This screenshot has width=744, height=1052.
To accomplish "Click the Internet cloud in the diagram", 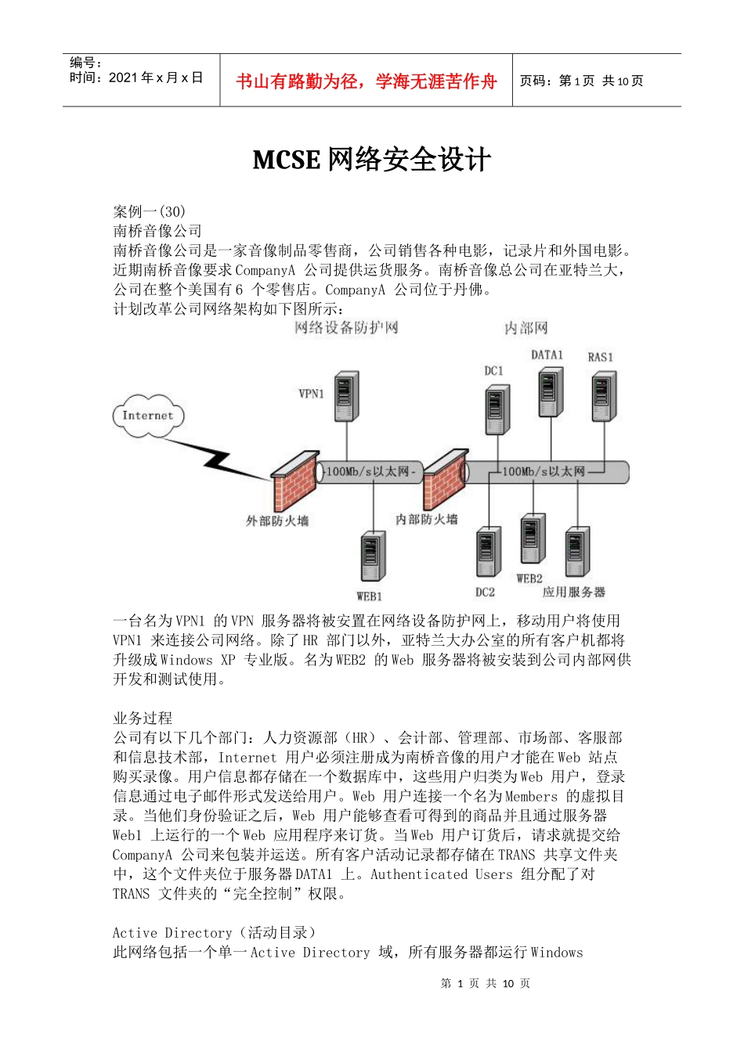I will point(148,416).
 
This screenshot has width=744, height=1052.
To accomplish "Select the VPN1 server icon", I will point(346,397).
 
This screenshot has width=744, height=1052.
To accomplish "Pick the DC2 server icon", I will point(488,553).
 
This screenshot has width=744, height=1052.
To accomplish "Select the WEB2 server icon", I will point(533,539).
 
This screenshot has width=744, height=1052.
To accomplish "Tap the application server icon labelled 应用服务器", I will point(577,552).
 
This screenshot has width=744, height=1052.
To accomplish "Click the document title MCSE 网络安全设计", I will point(372,160).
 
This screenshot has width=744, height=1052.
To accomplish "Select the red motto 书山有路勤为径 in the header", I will point(366,81).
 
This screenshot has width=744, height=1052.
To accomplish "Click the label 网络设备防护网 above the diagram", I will point(346,327).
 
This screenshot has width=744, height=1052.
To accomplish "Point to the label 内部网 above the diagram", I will point(525,328).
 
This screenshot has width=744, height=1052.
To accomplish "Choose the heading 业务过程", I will point(143,718).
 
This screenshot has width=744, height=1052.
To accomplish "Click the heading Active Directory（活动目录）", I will point(215,932).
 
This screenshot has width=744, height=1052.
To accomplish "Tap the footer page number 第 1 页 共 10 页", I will point(486,983).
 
